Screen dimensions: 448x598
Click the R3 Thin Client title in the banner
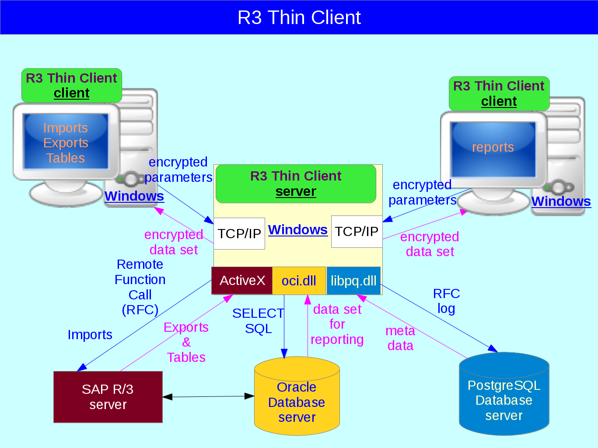coord(299,17)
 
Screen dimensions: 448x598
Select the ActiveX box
coord(242,281)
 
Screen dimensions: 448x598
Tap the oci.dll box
coord(299,281)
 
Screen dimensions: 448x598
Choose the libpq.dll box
coord(353,281)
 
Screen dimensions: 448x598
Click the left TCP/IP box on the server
coord(239,234)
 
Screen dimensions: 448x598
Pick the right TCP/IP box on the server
coord(357,232)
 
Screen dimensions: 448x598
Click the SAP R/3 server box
coord(108,397)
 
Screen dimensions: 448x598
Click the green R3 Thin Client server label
coord(296,184)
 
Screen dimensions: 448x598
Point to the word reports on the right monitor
coord(493,147)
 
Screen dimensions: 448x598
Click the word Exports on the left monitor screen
coord(66,143)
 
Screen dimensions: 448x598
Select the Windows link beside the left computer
coord(134,196)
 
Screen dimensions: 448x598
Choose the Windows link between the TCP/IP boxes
coord(297,230)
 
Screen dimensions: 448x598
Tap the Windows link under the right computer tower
coord(561,201)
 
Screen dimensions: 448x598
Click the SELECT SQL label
coord(258,321)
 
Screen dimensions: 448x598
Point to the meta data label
coord(400,338)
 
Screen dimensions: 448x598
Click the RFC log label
coord(446,301)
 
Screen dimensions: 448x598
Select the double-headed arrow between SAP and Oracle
coord(208,396)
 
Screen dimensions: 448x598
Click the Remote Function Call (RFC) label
coord(140,287)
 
